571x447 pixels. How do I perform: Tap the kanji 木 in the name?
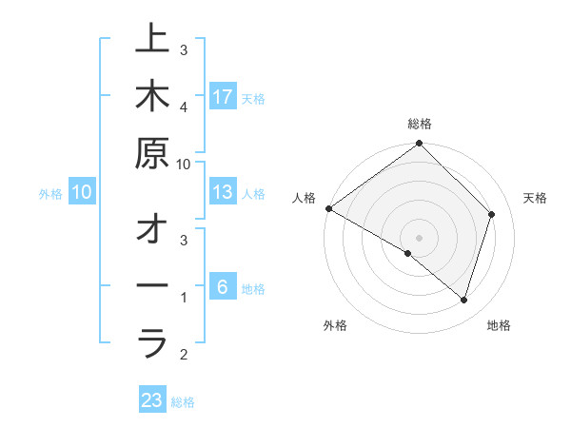[152, 97]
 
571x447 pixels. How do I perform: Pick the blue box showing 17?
[223, 97]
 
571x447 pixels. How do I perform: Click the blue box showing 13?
[223, 192]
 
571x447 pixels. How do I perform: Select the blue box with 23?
[152, 400]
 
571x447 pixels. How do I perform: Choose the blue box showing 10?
[82, 192]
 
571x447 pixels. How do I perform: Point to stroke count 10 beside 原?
[184, 164]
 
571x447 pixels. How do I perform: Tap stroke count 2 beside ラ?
[184, 355]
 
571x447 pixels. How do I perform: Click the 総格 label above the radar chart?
[420, 124]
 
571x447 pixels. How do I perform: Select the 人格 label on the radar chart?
[305, 198]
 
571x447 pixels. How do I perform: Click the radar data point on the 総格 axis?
[420, 145]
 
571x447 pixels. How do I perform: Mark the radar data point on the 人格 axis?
[328, 208]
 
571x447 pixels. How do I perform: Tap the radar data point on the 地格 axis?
[464, 300]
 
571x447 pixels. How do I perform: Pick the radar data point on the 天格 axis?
[492, 214]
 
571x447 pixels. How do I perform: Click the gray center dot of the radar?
[420, 238]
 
